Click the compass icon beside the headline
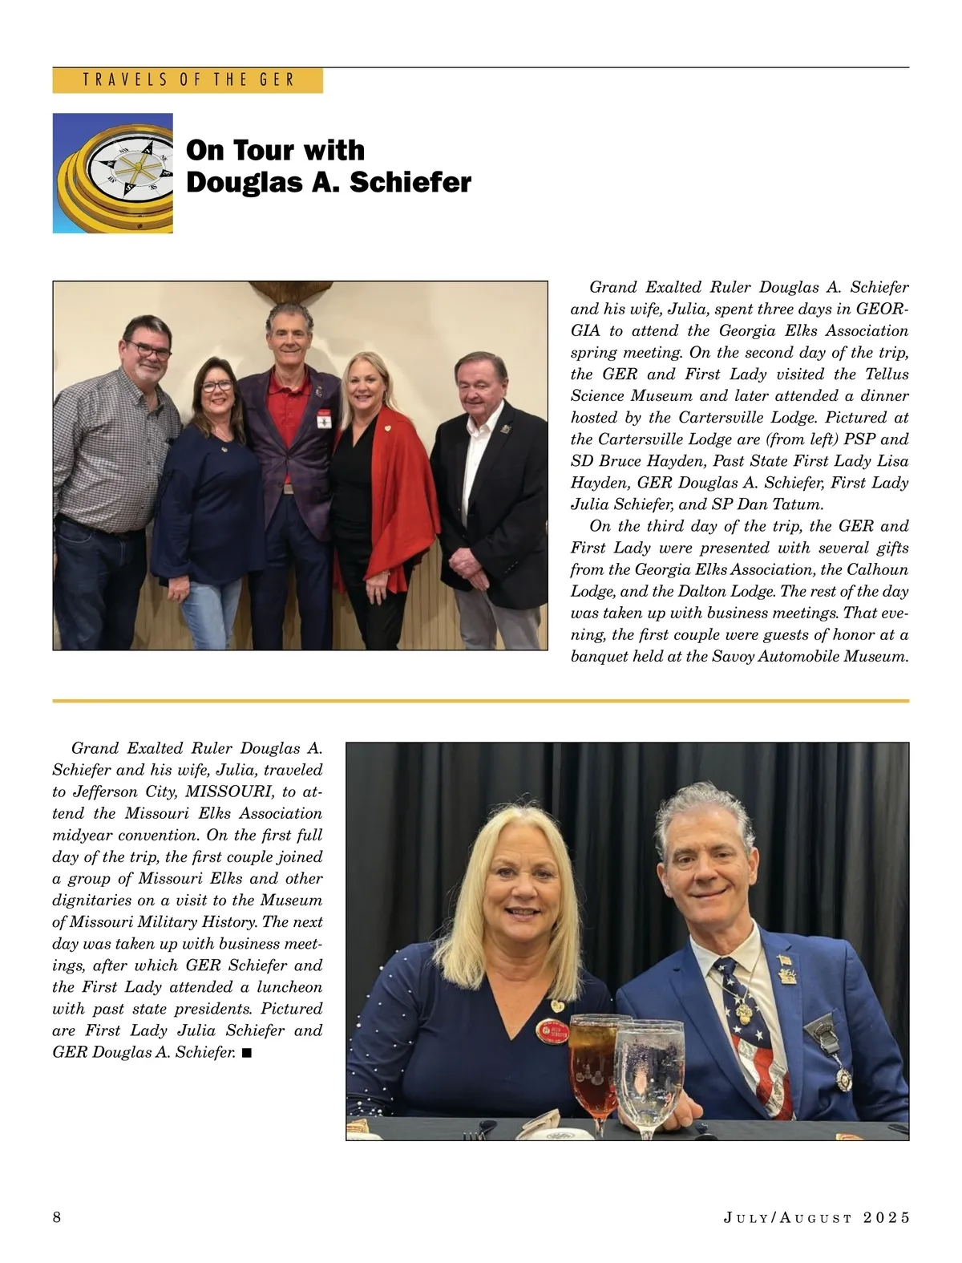tap(113, 173)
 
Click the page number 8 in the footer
tap(57, 1217)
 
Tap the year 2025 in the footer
tap(887, 1217)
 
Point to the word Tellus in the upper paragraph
tap(885, 374)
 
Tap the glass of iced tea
tap(590, 1059)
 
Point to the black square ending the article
tap(246, 1052)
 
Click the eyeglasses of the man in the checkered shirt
tap(148, 350)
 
